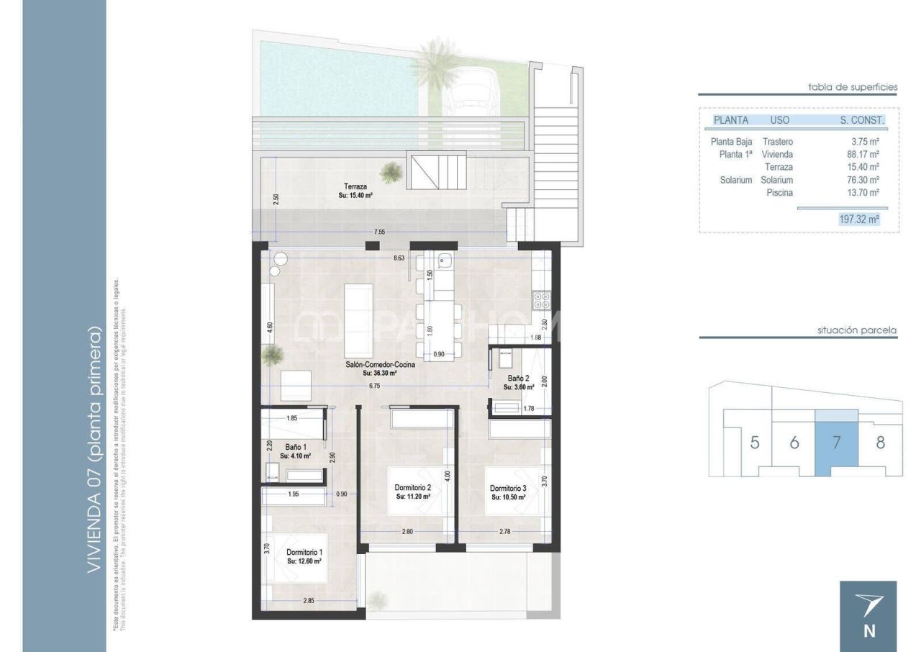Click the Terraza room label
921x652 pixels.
(355, 186)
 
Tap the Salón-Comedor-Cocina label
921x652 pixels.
(379, 365)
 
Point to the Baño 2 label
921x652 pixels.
(518, 378)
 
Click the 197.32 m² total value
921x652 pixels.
(859, 219)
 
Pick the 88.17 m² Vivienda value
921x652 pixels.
(863, 154)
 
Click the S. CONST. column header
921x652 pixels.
(861, 120)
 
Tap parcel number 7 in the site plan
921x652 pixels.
(836, 443)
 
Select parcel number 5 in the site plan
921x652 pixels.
(754, 443)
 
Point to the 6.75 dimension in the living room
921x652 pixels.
(374, 386)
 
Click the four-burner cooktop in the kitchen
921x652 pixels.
(540, 299)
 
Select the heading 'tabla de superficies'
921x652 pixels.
(853, 87)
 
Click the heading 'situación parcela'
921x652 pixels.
(857, 330)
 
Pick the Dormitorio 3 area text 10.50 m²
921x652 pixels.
(509, 497)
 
